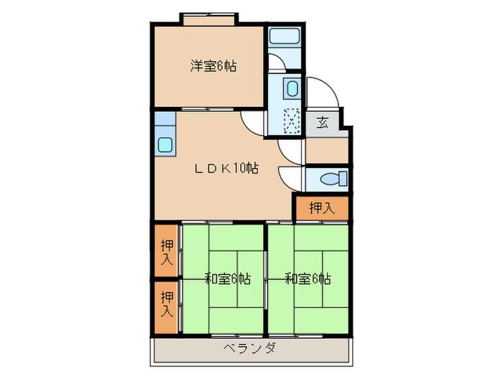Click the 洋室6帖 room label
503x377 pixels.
[213, 67]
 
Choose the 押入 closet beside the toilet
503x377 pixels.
[321, 208]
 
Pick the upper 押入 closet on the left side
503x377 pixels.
[166, 251]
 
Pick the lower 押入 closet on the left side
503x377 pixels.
[166, 304]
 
